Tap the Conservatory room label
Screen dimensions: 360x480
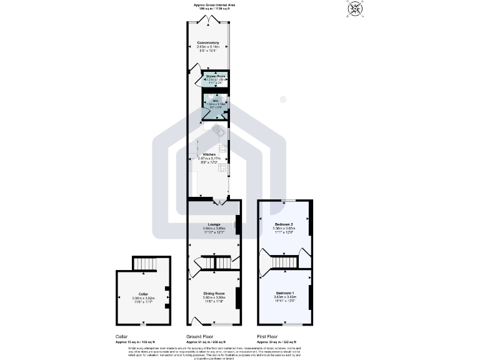208,42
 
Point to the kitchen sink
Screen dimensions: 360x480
219,131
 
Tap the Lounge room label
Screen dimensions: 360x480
214,224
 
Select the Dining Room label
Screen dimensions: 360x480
214,293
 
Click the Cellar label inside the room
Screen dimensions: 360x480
143,294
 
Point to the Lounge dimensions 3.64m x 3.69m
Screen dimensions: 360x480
214,229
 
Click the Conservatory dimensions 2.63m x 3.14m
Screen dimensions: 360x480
208,47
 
